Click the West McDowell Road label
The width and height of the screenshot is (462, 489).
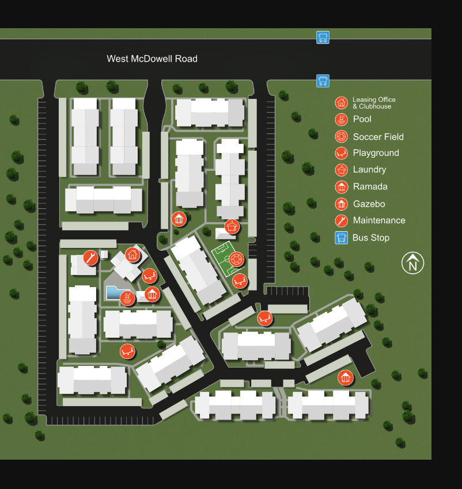point(152,59)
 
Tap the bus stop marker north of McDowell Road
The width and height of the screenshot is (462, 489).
point(323,37)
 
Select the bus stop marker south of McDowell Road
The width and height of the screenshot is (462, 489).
point(323,81)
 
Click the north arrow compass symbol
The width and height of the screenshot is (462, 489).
point(412,263)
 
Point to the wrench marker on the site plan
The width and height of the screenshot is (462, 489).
point(90,258)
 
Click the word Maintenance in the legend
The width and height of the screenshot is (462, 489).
point(379,220)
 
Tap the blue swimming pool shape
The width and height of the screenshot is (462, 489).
point(115,293)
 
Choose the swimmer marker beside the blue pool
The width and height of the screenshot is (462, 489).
point(128,298)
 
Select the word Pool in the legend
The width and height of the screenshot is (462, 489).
point(362,119)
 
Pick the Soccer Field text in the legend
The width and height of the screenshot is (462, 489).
point(378,137)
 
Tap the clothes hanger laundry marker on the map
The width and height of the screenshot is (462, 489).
point(232,227)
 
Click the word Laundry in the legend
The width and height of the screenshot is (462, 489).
point(369,170)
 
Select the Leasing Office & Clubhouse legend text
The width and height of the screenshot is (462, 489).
point(374,103)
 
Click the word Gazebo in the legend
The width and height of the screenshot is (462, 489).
point(369,204)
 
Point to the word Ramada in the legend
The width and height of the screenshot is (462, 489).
point(370,186)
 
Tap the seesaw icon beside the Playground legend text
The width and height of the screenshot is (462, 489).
point(342,153)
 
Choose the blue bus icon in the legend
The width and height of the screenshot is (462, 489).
point(342,238)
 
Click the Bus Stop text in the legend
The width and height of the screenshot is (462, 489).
point(371,238)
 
